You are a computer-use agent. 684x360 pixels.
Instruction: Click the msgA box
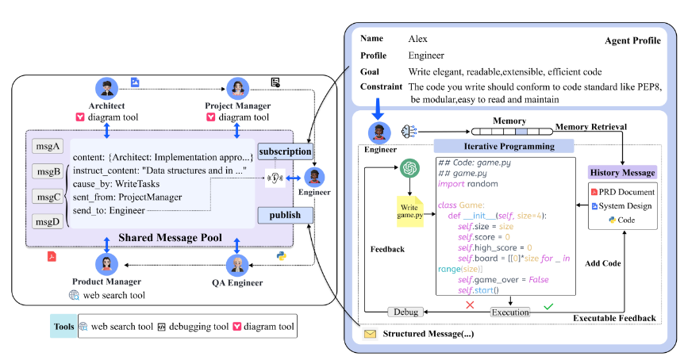(48, 147)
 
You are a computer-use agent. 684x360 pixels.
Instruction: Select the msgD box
(48, 222)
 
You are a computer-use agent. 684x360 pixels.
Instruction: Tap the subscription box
(286, 151)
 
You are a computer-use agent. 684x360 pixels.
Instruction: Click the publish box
(286, 215)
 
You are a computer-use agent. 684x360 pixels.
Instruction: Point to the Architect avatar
(106, 89)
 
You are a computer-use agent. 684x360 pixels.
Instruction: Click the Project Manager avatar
(238, 89)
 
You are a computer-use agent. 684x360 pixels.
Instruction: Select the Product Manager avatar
(106, 264)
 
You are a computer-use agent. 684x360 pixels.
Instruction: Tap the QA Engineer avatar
(237, 265)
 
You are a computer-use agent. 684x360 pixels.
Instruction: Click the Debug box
(405, 312)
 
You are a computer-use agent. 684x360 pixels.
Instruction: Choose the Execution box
(510, 312)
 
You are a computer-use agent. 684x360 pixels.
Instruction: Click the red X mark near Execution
(470, 305)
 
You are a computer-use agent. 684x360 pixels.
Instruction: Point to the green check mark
(548, 306)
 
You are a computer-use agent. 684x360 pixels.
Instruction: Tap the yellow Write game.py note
(409, 212)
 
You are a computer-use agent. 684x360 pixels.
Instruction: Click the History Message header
(622, 172)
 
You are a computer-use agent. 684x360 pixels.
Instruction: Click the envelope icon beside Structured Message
(370, 334)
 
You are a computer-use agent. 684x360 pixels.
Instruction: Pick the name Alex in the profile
(417, 39)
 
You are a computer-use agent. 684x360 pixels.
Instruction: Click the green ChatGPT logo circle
(409, 168)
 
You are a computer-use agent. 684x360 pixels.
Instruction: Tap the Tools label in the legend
(63, 327)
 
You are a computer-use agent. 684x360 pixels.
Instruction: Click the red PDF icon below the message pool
(52, 256)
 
